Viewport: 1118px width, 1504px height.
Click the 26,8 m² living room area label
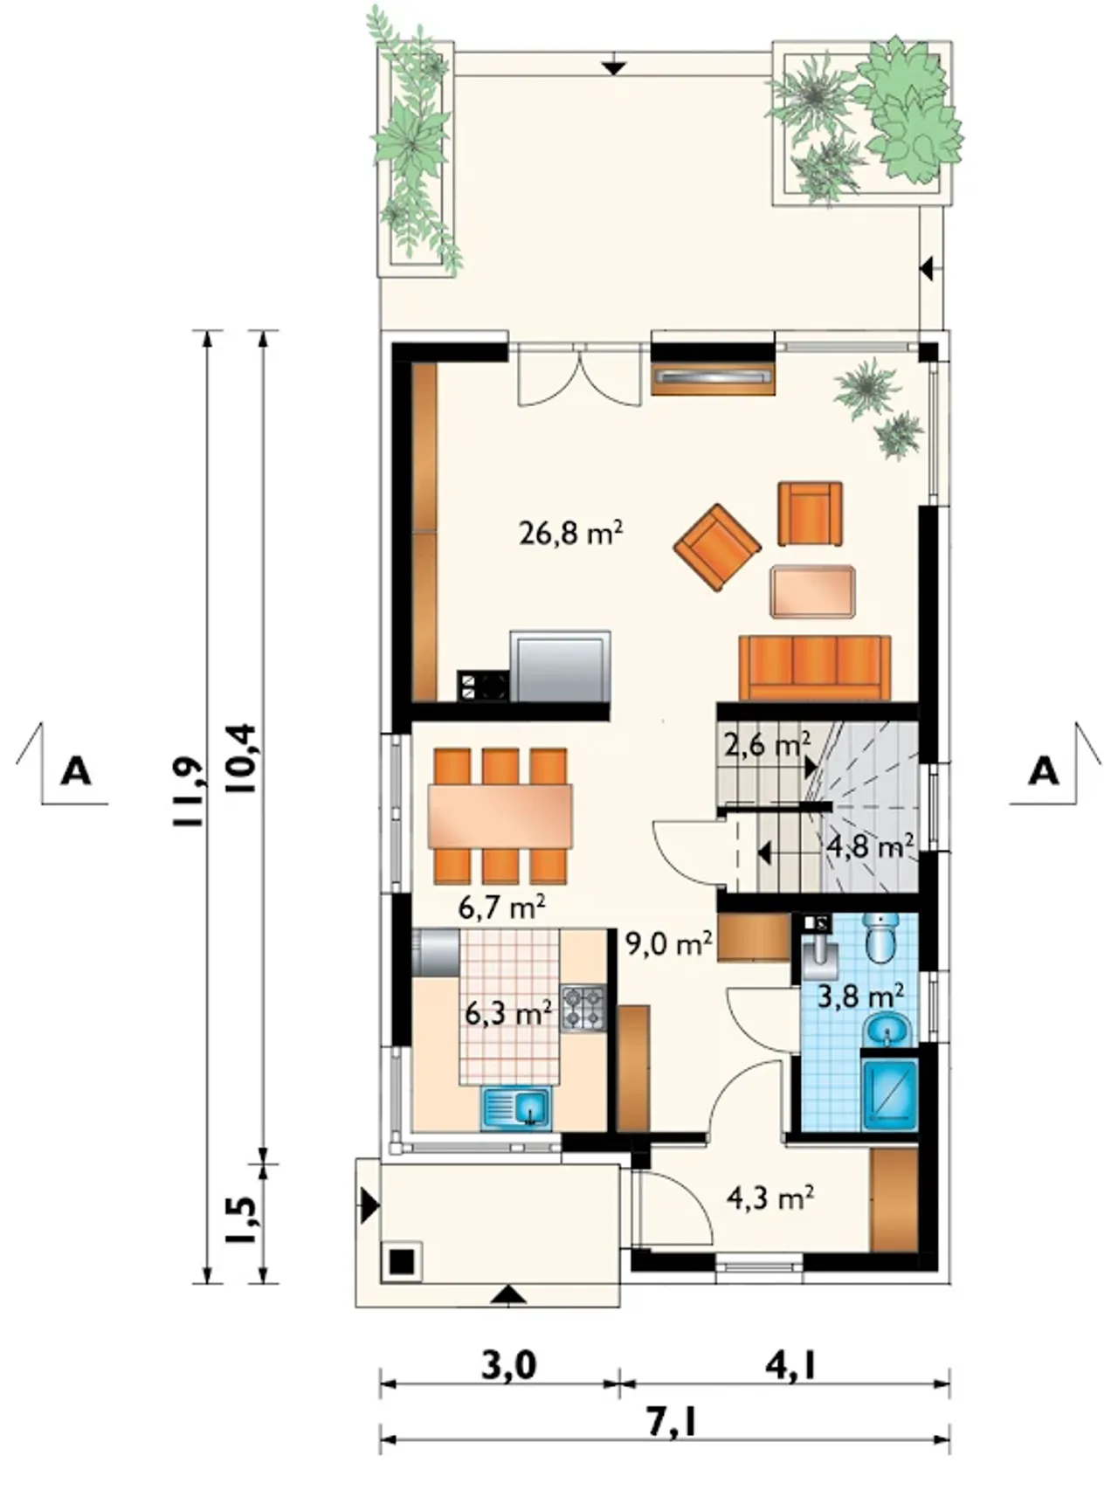570,532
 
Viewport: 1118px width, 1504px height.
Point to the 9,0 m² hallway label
669,943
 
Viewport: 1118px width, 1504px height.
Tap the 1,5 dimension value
241,1220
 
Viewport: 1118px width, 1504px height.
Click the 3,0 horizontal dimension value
508,1364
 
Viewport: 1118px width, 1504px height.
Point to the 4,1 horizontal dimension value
790,1364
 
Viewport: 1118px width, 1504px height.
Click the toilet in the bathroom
880,938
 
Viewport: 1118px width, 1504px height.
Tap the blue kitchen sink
516,1108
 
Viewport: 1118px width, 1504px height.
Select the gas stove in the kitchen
583,1008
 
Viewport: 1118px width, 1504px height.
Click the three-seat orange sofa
815,667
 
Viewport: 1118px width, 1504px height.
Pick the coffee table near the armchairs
812,592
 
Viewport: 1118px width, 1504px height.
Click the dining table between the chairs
500,816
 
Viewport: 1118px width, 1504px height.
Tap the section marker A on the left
75,772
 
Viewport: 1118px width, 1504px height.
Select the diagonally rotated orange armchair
717,548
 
